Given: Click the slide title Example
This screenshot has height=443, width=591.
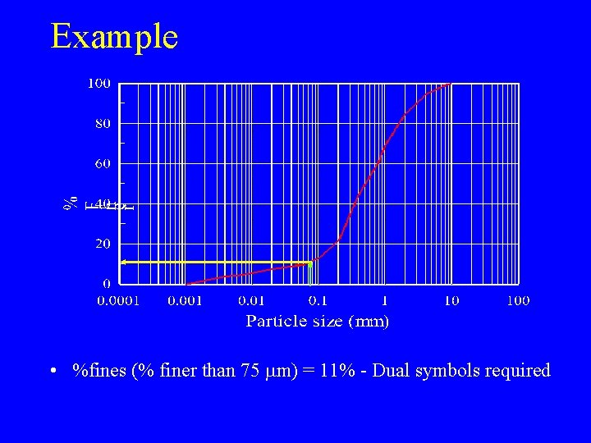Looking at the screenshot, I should (114, 37).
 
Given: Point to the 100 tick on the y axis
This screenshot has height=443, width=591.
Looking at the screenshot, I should (100, 83).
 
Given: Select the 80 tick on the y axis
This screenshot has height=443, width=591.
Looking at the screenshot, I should (103, 123).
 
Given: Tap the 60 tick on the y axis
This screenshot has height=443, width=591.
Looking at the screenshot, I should (103, 163).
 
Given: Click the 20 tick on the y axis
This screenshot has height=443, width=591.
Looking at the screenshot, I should (103, 244).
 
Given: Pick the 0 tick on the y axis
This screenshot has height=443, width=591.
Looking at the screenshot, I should (107, 283).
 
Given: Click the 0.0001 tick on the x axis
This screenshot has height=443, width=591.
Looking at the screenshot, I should (119, 301).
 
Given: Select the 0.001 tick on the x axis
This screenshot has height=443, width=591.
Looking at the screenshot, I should (186, 301).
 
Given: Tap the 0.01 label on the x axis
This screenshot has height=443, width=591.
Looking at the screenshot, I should (252, 301).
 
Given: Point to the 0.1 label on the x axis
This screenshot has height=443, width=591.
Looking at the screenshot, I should (318, 301).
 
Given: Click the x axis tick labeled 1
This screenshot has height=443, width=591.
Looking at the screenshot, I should (385, 301).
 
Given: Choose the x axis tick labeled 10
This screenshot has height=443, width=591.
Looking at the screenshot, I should (451, 301).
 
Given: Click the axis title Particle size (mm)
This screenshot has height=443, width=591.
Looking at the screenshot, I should (318, 322).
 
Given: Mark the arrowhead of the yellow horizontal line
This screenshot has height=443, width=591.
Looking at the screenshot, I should (123, 262).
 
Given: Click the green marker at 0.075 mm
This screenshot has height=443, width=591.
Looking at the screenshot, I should (310, 263).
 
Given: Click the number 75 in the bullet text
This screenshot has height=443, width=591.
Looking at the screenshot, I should (250, 371).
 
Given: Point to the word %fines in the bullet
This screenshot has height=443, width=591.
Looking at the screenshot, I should (99, 371).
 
